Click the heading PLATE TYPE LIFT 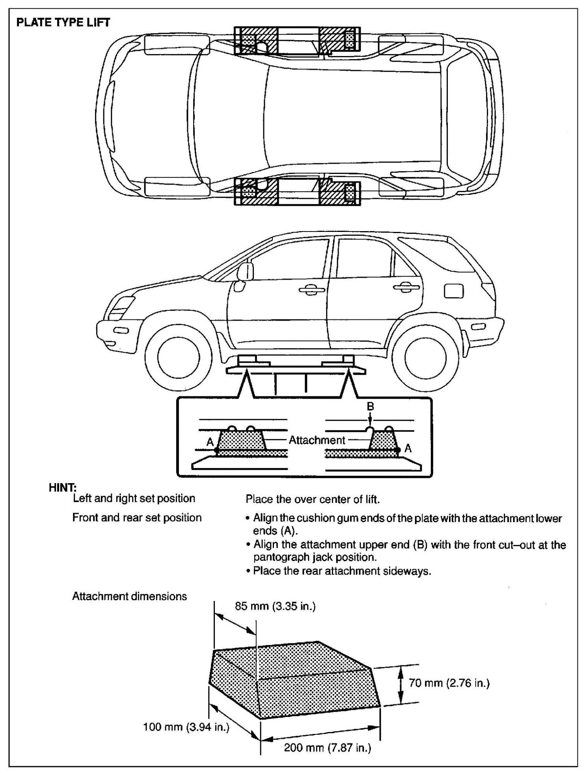click(x=63, y=22)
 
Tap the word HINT click(x=62, y=488)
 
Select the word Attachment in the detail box click(x=317, y=440)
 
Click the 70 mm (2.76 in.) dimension click(x=449, y=683)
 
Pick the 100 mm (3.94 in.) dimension click(x=186, y=727)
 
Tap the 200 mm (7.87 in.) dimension click(x=328, y=748)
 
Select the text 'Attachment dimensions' click(x=129, y=596)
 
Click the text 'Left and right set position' click(x=134, y=499)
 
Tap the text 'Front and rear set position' click(x=137, y=517)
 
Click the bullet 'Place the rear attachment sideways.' click(x=341, y=571)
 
